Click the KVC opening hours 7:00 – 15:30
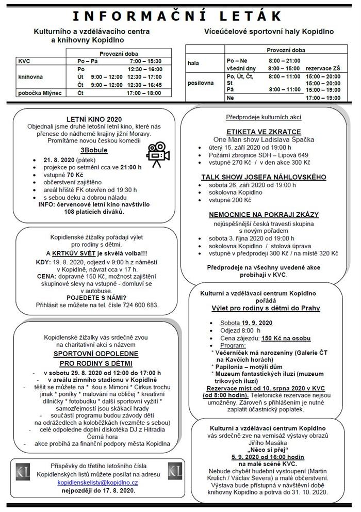(x=147, y=61)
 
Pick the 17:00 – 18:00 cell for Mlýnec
(x=147, y=94)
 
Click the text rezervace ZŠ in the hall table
(x=323, y=68)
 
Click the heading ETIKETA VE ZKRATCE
(x=264, y=132)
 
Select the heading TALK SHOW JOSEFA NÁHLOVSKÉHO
(x=264, y=177)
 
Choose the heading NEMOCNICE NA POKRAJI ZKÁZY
(x=264, y=214)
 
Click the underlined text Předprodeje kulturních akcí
(x=264, y=117)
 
